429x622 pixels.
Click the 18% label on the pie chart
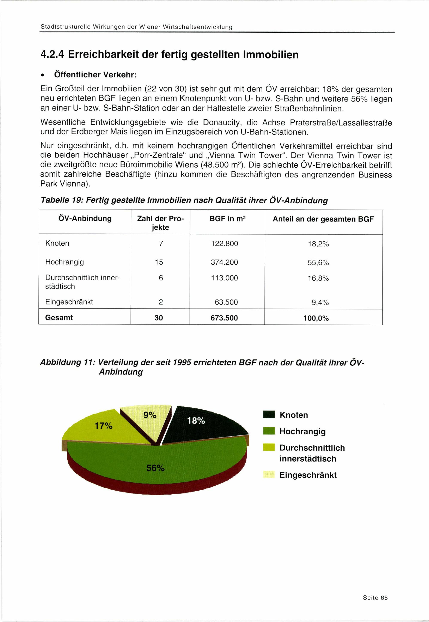click(196, 420)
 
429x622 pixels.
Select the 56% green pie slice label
click(155, 468)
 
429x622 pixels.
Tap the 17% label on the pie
click(103, 426)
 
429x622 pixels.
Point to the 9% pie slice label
click(150, 415)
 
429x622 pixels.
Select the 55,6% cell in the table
click(318, 262)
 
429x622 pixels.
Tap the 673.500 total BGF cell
click(224, 318)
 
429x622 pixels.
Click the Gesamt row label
click(59, 317)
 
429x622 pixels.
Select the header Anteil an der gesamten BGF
click(323, 219)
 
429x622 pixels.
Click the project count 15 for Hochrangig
click(159, 262)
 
